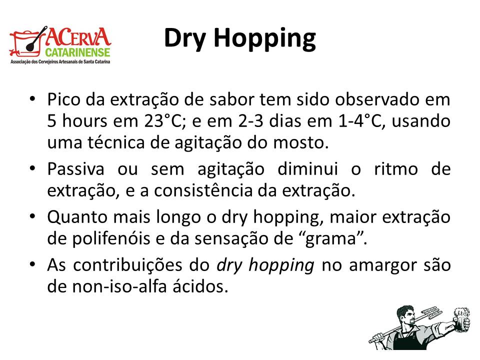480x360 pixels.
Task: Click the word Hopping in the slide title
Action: [265, 39]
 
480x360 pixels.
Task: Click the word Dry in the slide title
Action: [184, 39]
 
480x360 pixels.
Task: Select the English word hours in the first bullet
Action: [85, 120]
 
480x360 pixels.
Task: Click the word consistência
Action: [203, 190]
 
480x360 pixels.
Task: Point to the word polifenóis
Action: [111, 238]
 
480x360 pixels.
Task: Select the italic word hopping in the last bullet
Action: [281, 265]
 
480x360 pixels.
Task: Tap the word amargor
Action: [383, 265]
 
